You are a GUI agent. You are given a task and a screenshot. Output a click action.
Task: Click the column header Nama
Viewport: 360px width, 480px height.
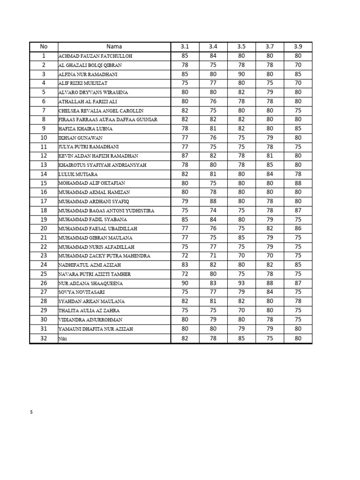point(114,46)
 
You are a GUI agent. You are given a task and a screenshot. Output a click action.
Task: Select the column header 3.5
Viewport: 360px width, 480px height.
point(241,46)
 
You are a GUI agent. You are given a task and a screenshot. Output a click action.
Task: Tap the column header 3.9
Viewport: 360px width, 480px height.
point(298,46)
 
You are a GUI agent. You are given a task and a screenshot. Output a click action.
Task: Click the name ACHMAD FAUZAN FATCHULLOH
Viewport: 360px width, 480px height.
point(95,56)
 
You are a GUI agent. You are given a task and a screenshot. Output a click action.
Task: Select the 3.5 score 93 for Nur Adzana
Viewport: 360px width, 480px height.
point(241,283)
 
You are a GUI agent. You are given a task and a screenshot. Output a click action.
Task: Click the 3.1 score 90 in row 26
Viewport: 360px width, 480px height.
point(185,283)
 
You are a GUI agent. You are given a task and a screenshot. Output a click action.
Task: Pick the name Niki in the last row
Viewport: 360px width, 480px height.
point(63,338)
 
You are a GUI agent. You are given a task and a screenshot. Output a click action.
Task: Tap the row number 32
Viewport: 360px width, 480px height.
point(44,338)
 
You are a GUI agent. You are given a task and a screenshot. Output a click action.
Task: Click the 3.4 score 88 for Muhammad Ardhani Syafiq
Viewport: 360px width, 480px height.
point(213,201)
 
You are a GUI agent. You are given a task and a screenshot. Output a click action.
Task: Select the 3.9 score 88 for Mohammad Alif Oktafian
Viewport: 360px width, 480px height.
point(298,183)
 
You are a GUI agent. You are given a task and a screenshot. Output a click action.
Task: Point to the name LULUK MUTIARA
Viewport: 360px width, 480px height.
point(78,174)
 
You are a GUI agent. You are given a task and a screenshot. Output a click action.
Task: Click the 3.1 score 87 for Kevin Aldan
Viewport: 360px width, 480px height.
point(185,156)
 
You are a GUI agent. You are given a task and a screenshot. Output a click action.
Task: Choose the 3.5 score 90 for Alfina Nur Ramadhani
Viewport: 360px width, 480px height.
point(241,74)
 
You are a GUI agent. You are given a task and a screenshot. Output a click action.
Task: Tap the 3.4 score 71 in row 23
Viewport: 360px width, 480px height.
point(213,256)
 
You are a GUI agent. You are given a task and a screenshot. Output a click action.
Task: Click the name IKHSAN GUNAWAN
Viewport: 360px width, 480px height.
point(80,138)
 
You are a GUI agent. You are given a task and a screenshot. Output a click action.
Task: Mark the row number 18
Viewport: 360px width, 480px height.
point(44,210)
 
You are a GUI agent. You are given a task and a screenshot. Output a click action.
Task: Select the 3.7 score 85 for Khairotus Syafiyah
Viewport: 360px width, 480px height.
point(270,165)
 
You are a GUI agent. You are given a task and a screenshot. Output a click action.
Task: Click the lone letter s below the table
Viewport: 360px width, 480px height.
point(31,412)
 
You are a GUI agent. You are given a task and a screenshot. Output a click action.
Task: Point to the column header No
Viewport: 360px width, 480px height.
point(44,46)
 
